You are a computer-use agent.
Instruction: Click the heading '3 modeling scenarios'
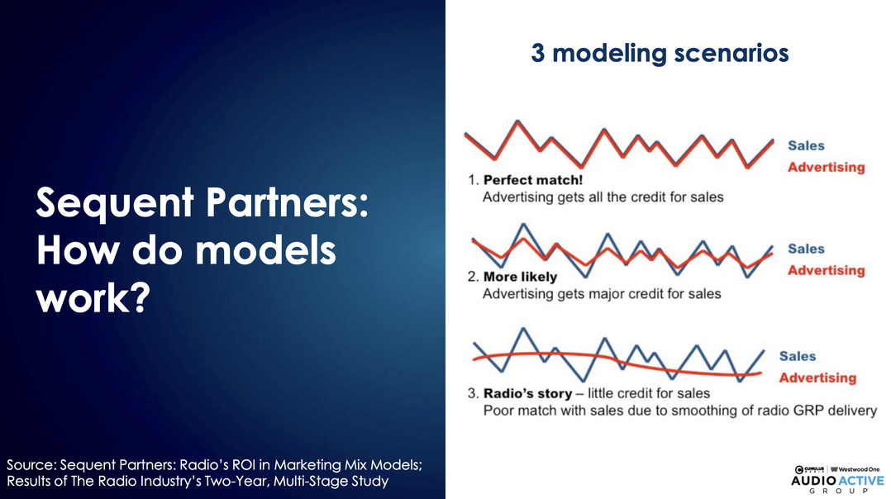(660, 54)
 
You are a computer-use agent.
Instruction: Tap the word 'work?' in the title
(93, 298)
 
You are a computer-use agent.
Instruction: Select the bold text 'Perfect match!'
(533, 180)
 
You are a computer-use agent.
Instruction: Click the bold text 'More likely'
(520, 277)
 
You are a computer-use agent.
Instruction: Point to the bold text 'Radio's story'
(527, 393)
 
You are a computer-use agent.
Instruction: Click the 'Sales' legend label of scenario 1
(806, 146)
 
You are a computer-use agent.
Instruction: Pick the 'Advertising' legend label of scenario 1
(827, 168)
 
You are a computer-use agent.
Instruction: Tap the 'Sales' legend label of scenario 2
(806, 249)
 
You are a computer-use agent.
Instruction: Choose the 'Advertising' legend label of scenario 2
(827, 271)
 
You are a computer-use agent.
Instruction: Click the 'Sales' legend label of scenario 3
(798, 357)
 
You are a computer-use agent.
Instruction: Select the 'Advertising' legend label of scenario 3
(817, 378)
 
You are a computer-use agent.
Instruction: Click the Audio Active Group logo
(838, 480)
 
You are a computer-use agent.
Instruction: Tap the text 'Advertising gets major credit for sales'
(602, 294)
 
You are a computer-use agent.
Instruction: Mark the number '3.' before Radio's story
(474, 393)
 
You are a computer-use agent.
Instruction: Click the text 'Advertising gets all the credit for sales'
(603, 197)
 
